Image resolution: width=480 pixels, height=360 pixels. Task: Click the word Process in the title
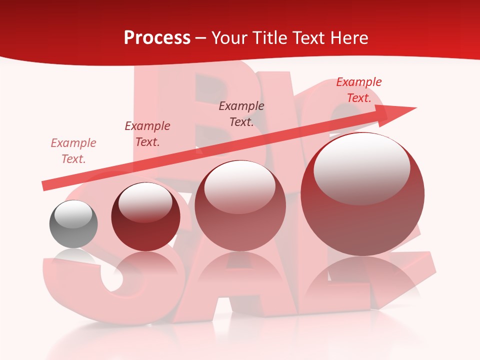(157, 38)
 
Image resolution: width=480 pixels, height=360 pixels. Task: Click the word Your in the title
(228, 38)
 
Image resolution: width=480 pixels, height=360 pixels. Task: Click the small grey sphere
(73, 224)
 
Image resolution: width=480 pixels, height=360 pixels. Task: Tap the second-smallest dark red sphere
(145, 216)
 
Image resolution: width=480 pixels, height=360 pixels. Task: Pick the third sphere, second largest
(240, 205)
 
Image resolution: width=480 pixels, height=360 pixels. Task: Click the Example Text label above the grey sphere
(73, 151)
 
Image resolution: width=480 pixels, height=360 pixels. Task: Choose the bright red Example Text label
(359, 90)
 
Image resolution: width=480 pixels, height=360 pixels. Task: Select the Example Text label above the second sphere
(147, 134)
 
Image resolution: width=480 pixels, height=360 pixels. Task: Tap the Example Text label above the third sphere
(241, 113)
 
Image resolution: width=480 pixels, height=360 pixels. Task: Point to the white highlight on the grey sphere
(73, 214)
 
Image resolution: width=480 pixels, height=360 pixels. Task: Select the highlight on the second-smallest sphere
(145, 202)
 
